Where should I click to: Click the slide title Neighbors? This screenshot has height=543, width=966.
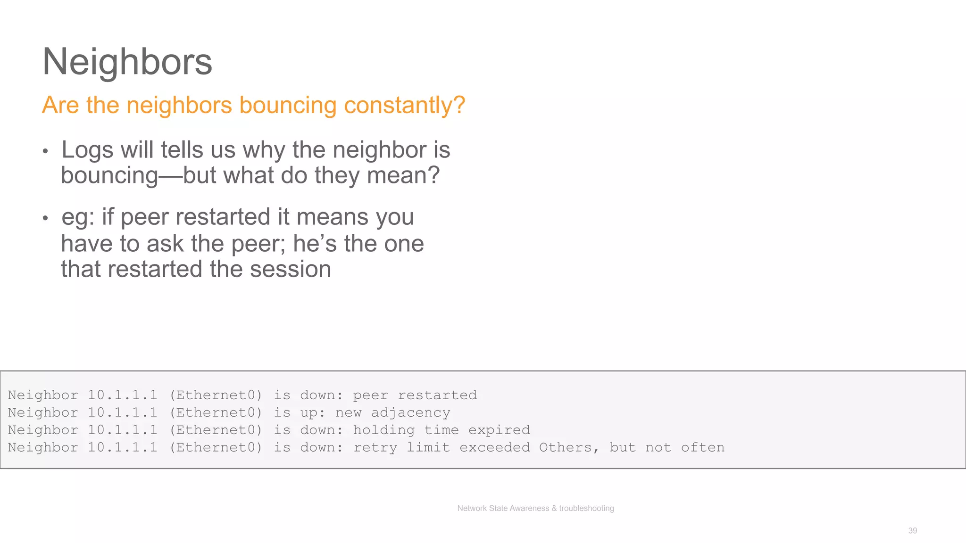coord(127,62)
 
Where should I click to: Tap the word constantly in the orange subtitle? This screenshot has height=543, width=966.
coord(404,105)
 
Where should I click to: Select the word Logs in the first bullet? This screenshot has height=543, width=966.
coord(88,150)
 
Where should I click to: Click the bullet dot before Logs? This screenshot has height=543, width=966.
coord(45,151)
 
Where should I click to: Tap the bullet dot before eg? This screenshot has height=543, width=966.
coord(45,218)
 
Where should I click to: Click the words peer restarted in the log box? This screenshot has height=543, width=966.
coord(415,395)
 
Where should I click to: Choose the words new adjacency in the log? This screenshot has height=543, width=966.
coord(393,412)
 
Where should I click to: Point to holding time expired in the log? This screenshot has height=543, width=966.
coord(441,430)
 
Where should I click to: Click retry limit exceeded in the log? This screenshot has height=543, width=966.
coord(441,447)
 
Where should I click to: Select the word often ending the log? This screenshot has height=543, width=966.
coord(702,447)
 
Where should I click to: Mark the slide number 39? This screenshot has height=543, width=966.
coord(912,531)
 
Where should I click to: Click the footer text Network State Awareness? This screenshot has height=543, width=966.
coord(503,508)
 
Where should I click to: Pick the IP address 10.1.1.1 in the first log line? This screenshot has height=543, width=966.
coord(123,395)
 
